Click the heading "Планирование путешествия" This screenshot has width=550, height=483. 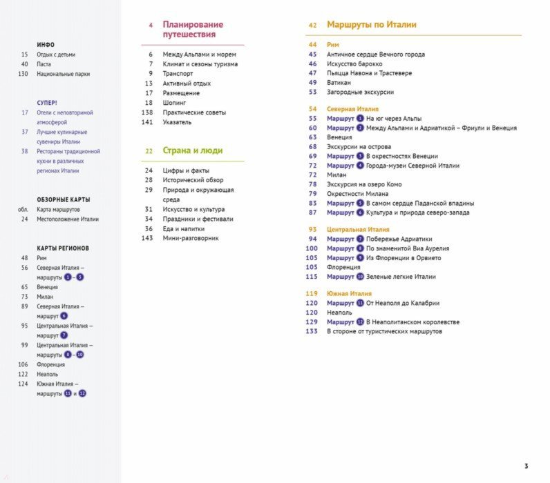click(x=191, y=29)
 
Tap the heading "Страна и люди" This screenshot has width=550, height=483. click(x=193, y=150)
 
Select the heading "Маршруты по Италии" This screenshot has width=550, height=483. click(x=372, y=25)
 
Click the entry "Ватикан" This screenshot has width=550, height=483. click(x=341, y=82)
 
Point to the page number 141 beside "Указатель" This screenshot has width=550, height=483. click(x=146, y=122)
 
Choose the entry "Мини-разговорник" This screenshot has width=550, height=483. click(x=191, y=238)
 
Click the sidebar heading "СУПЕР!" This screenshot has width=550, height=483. click(x=47, y=102)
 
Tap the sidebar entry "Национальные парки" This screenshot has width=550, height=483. click(x=64, y=74)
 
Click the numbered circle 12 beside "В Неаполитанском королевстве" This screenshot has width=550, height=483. click(x=360, y=322)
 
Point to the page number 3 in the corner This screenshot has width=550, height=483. click(x=526, y=465)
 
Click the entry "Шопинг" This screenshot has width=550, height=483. click(x=175, y=103)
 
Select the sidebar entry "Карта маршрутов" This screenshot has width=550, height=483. click(x=59, y=209)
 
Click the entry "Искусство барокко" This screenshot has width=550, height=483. click(x=354, y=63)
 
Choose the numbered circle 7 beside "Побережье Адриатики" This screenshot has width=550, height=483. click(x=360, y=239)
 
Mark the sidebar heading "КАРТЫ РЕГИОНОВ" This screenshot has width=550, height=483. click(x=63, y=248)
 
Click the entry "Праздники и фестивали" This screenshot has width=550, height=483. click(x=198, y=219)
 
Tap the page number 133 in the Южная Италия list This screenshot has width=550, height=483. click(x=312, y=331)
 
